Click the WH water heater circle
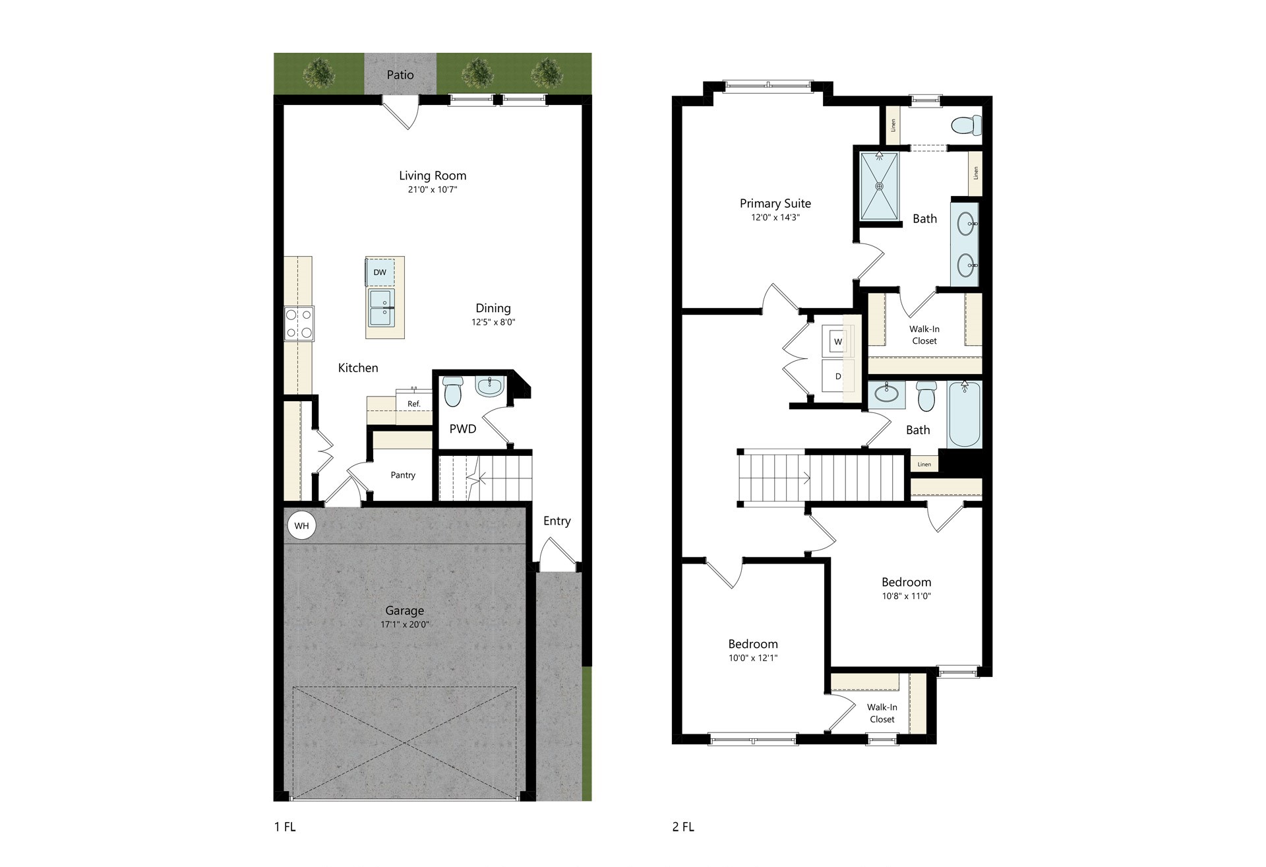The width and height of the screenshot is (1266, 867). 301,526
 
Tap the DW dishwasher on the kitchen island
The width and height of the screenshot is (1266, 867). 380,272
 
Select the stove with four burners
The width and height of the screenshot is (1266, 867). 299,323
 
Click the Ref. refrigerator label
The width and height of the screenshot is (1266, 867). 413,404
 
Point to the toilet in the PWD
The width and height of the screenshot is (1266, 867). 453,391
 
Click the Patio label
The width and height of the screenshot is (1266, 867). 400,75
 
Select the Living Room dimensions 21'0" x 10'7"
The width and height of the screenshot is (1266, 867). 433,190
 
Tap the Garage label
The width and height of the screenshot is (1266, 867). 405,611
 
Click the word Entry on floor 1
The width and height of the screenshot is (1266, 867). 557,521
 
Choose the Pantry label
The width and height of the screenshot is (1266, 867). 403,475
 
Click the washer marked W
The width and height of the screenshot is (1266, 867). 838,341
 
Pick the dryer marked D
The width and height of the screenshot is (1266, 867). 838,376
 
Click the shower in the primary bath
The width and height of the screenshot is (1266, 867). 880,186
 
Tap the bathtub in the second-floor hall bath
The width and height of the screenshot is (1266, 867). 965,414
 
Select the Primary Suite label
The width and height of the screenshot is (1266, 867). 775,203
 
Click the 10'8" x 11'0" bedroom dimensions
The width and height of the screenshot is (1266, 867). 907,596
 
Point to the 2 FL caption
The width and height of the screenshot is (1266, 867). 683,827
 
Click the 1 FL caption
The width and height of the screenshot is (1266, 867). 285,827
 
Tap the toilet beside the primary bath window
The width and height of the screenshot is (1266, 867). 967,125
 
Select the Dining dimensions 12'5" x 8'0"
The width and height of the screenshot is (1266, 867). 493,323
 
